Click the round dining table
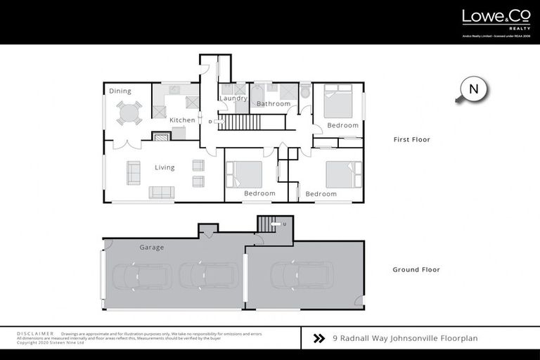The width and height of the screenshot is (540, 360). pos(128,112)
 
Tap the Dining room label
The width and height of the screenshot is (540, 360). pos(120,91)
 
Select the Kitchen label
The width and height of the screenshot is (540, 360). pos(182,120)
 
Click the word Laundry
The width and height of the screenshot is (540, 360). pos(233,98)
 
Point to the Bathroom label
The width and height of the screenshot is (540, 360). pos(273,104)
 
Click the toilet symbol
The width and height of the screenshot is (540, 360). pos(304,92)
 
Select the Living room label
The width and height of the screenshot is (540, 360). pos(165,167)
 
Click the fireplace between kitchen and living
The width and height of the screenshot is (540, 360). pos(162,137)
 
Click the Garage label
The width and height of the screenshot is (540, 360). pos(151,247)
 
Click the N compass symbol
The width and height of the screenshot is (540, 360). pos(473,89)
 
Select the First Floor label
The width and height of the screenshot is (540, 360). pos(411,140)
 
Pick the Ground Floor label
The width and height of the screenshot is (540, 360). pos(416,269)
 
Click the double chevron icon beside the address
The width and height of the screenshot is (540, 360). pos(319,338)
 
